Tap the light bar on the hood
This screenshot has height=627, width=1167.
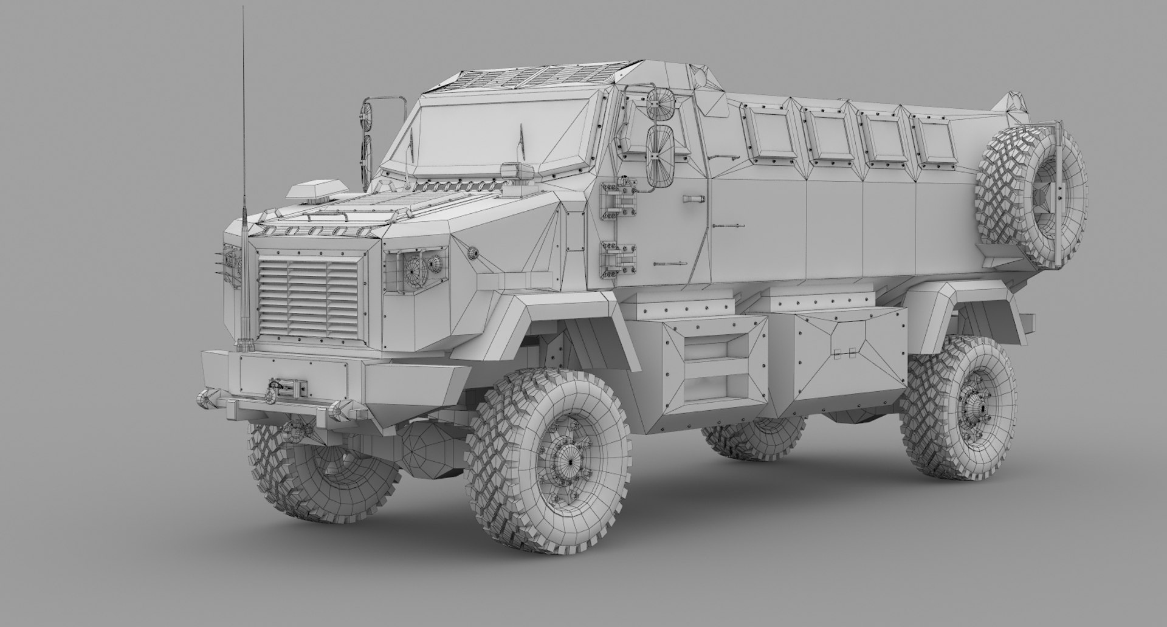point(314,189)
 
